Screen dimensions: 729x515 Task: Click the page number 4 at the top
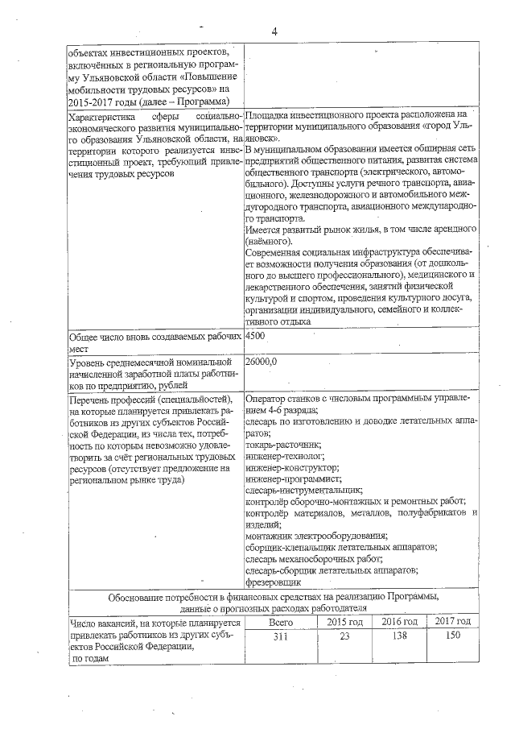[274, 31]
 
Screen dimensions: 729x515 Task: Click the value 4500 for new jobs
[256, 335]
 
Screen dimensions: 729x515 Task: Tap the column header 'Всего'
[280, 622]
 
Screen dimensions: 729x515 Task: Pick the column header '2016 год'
[399, 622]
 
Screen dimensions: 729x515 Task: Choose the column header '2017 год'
[453, 622]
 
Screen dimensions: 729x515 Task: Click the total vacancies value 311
[280, 638]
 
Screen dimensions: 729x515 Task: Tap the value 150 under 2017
[453, 638]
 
